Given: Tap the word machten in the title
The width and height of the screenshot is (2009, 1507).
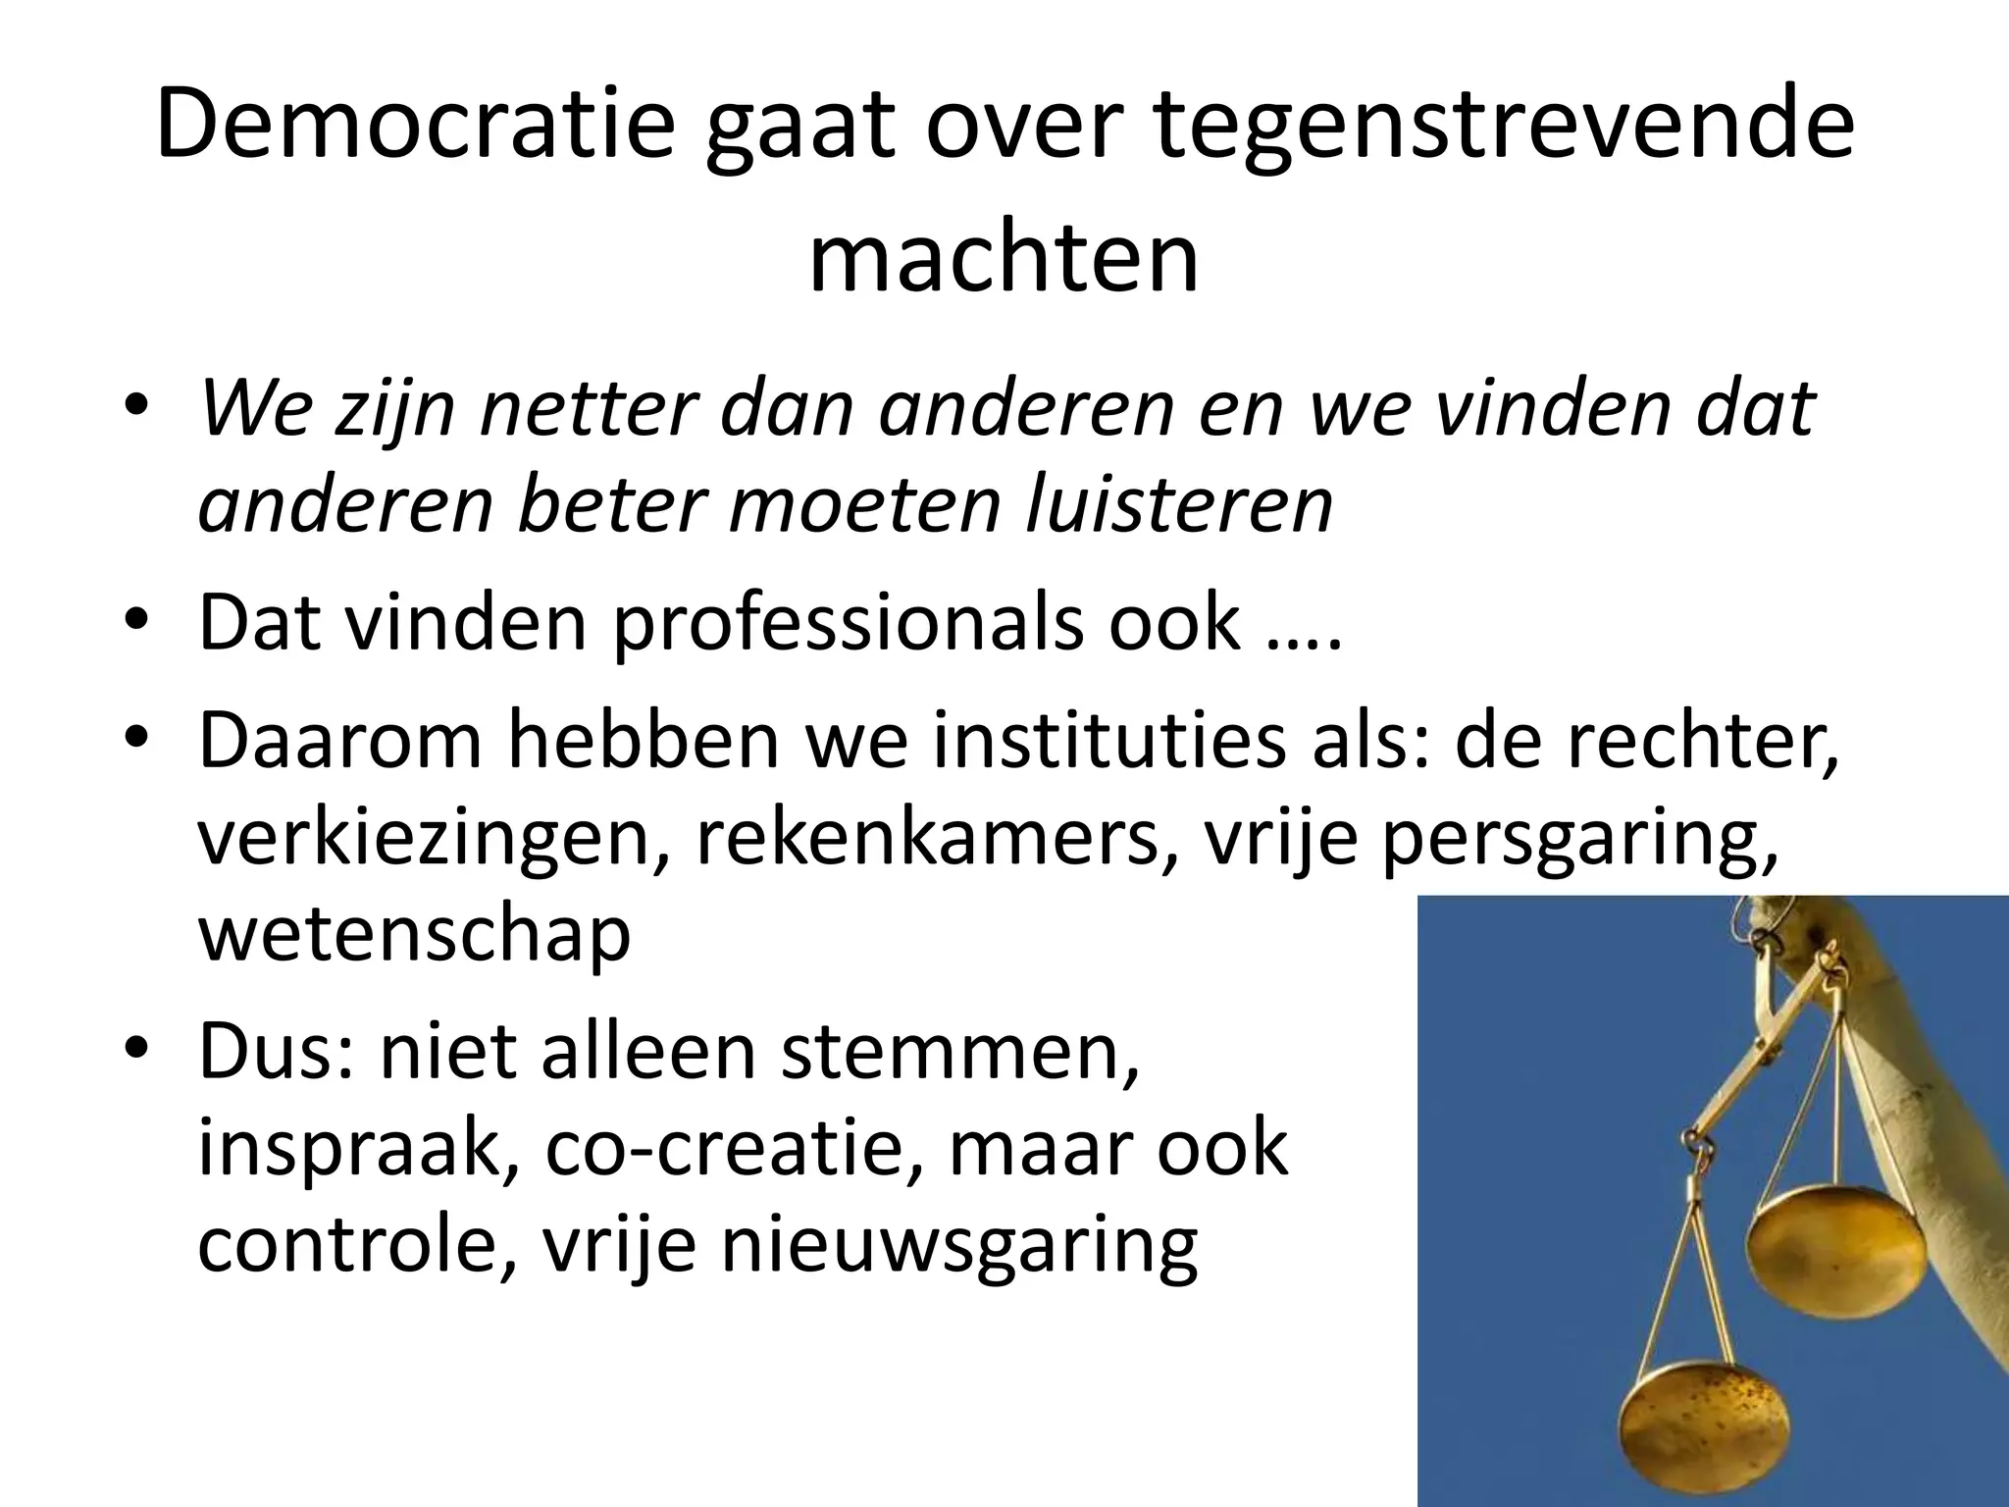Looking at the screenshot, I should tap(1004, 259).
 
